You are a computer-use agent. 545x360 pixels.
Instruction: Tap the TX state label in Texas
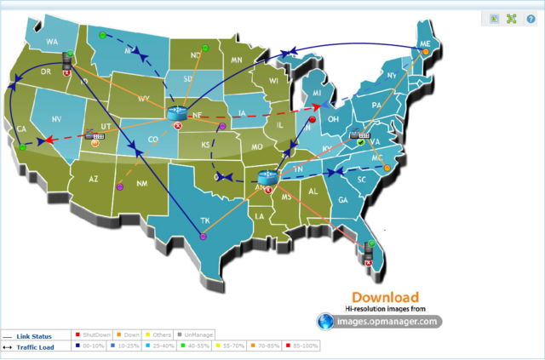tap(204, 220)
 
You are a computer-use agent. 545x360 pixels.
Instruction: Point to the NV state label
tap(57, 119)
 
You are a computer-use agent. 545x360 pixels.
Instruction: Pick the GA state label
tap(343, 200)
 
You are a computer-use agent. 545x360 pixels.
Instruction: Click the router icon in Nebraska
tap(177, 113)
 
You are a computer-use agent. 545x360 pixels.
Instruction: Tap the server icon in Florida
tap(370, 250)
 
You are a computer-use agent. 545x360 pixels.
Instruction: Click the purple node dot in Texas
tap(203, 236)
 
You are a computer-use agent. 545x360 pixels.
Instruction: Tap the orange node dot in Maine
tap(426, 53)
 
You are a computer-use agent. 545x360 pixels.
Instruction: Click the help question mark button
tap(531, 19)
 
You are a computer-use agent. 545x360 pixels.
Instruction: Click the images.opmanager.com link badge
tap(380, 321)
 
